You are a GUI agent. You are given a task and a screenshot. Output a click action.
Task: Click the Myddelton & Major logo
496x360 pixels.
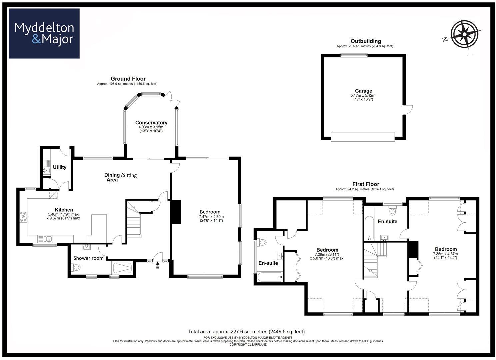44,33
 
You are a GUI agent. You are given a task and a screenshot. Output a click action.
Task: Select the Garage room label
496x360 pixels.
363,91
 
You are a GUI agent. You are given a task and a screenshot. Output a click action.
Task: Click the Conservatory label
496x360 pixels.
151,123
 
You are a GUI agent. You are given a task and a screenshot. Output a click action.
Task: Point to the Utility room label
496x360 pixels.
60,167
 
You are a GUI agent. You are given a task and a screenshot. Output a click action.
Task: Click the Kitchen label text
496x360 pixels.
64,210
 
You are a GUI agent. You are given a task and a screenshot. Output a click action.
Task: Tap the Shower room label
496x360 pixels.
88,258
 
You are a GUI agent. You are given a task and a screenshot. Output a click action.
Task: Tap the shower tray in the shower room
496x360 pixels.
122,268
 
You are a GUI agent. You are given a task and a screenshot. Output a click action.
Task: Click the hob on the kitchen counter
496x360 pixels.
24,217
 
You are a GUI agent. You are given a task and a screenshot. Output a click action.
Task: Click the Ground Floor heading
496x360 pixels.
128,79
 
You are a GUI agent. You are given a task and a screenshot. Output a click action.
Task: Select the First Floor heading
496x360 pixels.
366,184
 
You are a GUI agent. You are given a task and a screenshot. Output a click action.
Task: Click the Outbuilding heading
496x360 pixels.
366,41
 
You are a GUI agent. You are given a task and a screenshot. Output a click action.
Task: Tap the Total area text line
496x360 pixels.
246,332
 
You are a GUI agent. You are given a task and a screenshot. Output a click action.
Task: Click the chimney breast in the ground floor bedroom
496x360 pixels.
176,212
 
